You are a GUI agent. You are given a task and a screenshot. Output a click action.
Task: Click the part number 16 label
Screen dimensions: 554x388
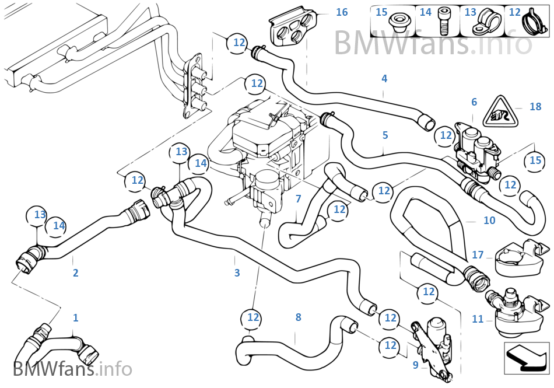342,12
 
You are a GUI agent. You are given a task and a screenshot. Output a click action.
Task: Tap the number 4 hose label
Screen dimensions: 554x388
384,78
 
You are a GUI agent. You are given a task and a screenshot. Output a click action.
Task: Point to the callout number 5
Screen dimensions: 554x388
385,135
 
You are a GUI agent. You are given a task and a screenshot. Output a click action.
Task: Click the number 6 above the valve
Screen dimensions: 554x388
474,102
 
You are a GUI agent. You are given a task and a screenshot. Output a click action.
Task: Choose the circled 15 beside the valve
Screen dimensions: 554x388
535,160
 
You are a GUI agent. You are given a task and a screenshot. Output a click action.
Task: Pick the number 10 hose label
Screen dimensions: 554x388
489,220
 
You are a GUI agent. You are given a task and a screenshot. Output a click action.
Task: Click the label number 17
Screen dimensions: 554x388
478,254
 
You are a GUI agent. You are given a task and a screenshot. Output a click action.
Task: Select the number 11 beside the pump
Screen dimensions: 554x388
478,319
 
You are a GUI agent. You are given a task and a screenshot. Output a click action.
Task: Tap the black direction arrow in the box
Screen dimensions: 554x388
527,358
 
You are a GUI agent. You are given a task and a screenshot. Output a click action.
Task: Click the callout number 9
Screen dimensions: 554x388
415,365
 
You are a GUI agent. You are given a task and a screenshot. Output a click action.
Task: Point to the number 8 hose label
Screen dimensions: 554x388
298,317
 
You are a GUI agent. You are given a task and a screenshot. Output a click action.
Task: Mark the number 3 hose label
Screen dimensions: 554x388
237,272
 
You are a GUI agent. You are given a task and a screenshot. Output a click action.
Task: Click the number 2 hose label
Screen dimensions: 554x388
75,272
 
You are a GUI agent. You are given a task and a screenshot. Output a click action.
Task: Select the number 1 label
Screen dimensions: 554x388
75,317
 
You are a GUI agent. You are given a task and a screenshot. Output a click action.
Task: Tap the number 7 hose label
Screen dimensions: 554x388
298,198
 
